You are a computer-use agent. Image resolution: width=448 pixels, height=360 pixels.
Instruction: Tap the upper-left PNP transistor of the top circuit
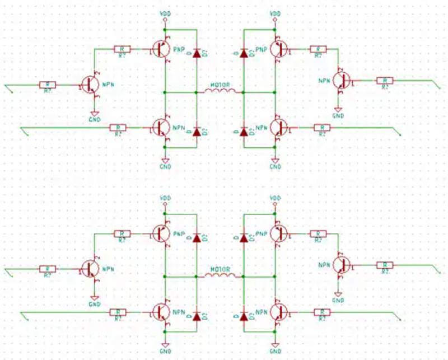pos(161,49)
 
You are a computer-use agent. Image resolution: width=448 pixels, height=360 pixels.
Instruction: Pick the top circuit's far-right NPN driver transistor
pos(340,80)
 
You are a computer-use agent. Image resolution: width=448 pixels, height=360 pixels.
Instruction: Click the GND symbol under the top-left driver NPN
pos(95,116)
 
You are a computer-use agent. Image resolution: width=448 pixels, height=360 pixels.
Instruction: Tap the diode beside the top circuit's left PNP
pos(196,54)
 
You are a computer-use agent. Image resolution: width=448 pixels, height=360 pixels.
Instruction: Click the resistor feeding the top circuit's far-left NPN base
pos(48,85)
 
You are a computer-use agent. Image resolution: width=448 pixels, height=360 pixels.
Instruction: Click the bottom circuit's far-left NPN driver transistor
pos(89,269)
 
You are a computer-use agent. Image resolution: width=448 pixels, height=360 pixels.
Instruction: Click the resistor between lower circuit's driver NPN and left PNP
pos(122,233)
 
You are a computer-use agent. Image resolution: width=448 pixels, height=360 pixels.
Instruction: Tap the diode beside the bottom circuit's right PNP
pos(243,237)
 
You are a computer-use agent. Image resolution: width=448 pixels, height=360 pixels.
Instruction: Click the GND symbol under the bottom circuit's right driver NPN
pos(338,297)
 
